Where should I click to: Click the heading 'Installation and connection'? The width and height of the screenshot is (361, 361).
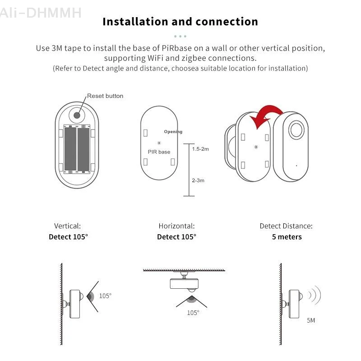(x=180, y=22)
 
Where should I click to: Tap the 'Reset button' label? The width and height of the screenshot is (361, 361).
(x=105, y=96)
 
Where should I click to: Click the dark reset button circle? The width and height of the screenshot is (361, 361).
(x=77, y=115)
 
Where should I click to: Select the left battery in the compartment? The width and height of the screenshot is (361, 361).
(x=70, y=149)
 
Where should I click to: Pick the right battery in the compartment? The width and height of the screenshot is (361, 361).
(x=84, y=149)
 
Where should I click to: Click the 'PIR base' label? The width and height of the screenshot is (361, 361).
(x=159, y=152)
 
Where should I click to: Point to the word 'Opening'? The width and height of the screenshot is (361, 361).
(x=173, y=132)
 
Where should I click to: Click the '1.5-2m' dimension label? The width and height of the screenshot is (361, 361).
(x=200, y=149)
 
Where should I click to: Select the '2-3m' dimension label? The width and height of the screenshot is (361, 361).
(x=198, y=180)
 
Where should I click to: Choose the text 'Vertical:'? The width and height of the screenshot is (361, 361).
(x=67, y=226)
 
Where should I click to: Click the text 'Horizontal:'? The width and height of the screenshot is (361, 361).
(x=176, y=226)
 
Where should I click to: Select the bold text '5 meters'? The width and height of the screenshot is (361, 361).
(x=287, y=237)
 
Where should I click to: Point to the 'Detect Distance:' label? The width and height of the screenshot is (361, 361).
(x=286, y=226)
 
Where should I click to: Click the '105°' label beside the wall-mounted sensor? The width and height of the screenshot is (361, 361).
(x=105, y=296)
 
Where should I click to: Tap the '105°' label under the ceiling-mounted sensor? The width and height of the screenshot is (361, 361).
(x=193, y=312)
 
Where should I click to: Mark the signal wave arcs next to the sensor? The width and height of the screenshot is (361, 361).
(x=314, y=296)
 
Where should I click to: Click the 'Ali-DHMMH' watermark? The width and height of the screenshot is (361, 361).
(x=41, y=12)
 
